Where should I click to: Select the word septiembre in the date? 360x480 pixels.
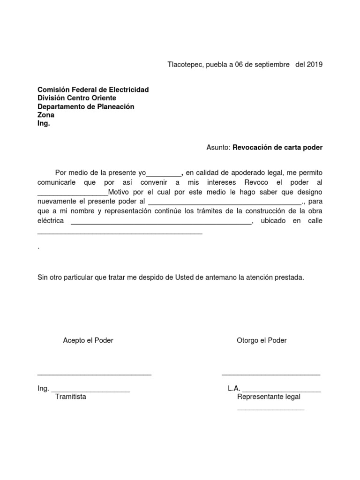click(270, 64)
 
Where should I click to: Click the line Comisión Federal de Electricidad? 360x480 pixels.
click(93, 90)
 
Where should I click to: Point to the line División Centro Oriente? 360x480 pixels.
click(76, 98)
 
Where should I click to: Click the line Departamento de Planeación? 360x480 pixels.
click(86, 106)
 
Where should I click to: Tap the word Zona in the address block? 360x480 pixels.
click(46, 115)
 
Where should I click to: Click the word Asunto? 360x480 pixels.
click(218, 147)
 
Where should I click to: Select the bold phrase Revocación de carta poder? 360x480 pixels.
click(277, 147)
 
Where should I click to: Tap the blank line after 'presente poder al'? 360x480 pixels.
click(225, 202)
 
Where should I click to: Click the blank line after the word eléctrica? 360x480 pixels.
click(161, 223)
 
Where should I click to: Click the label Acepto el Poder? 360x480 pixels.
click(88, 340)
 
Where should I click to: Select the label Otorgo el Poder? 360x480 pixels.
click(262, 340)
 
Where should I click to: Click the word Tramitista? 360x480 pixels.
click(70, 397)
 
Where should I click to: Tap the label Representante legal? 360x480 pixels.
click(269, 397)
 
